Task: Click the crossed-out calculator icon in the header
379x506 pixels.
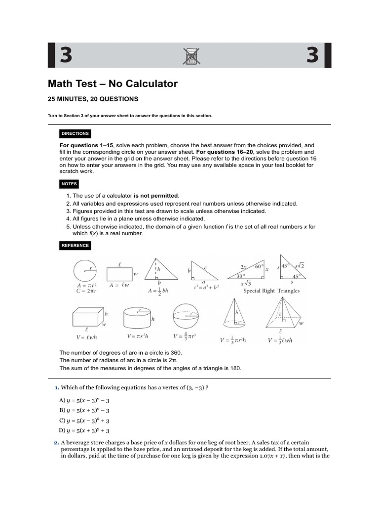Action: [189, 56]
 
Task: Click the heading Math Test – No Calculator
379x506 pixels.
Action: [113, 84]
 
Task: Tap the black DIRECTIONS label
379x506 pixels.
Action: [75, 134]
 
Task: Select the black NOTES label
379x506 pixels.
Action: [70, 184]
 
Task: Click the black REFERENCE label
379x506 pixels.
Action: [75, 245]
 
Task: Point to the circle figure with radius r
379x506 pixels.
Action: [85, 270]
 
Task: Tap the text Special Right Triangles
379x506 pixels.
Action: [271, 291]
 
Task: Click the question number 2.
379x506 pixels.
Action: [56, 443]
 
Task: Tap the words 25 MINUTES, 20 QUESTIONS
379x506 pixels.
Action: [93, 99]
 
